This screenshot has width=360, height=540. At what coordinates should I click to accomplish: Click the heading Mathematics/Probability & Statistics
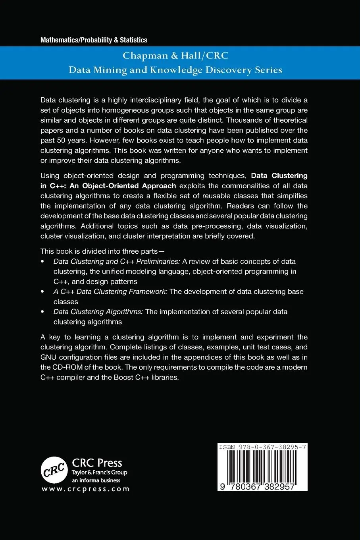pos(94,40)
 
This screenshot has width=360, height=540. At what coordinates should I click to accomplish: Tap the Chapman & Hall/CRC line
pos(175,56)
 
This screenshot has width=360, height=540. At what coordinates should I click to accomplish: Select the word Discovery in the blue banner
pos(225,70)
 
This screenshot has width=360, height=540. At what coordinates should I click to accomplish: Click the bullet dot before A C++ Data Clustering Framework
pos(42,292)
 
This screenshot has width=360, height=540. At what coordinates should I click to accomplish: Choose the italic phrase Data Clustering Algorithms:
pos(98,312)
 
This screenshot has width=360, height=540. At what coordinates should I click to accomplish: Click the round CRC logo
pos(54,470)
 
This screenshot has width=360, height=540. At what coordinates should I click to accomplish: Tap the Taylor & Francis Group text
pos(99,472)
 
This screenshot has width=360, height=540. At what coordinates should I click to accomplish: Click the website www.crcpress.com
pos(85,489)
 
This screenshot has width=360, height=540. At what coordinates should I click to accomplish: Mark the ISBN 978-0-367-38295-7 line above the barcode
pos(262,447)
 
